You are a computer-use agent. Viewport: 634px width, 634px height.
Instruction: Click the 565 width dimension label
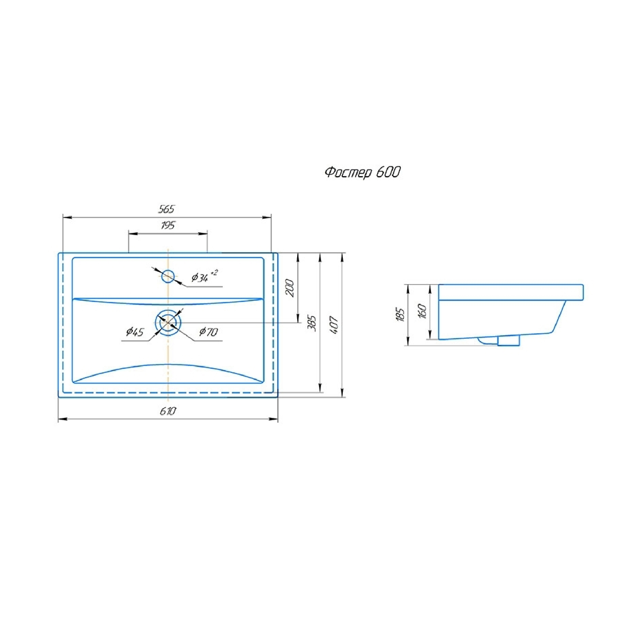tap(167, 209)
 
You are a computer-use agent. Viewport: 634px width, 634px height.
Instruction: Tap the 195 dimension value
tap(168, 226)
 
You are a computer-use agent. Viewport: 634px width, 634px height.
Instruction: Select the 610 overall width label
tap(168, 411)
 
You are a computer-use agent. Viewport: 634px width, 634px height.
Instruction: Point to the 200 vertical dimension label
tap(290, 288)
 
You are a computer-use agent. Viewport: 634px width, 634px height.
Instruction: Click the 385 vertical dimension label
tap(312, 323)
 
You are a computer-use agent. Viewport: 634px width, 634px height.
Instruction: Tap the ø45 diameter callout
tap(135, 332)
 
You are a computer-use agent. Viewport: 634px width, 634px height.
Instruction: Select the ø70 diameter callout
tap(208, 332)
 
